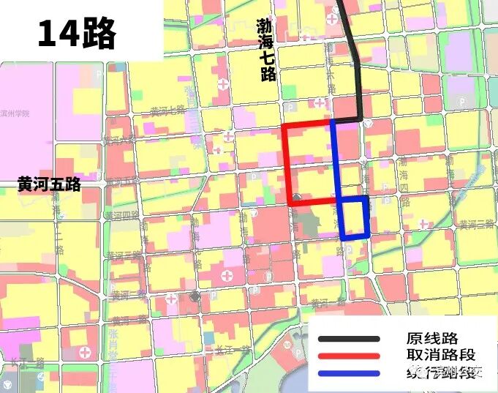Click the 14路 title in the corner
(x=77, y=32)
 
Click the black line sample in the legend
(x=350, y=339)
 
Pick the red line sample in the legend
(x=350, y=356)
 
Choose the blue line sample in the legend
(x=350, y=374)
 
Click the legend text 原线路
(x=431, y=339)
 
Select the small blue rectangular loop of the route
(x=355, y=217)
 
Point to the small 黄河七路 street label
(x=168, y=111)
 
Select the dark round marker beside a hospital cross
(x=195, y=296)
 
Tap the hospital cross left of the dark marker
(x=171, y=299)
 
